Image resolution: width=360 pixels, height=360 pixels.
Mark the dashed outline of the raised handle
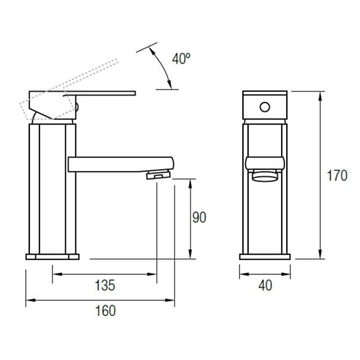(85, 79)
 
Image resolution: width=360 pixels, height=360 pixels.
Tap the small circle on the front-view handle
(267, 103)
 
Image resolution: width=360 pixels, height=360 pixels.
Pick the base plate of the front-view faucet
(267, 255)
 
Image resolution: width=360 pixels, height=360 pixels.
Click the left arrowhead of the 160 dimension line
(26, 296)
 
